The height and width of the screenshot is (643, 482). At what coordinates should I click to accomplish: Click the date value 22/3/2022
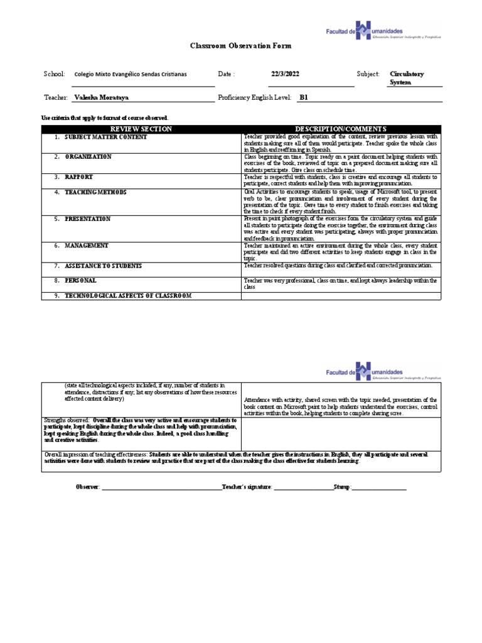[285, 74]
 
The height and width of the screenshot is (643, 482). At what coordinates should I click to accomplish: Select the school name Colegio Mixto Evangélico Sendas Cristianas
[131, 74]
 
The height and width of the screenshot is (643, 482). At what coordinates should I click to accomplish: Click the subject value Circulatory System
[407, 78]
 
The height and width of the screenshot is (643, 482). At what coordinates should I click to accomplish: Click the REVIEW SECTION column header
[141, 129]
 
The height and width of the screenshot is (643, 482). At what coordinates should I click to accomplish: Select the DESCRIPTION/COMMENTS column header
[341, 129]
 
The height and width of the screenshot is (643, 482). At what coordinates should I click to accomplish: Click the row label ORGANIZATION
[88, 156]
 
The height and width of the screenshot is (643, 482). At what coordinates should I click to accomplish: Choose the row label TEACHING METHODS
[95, 192]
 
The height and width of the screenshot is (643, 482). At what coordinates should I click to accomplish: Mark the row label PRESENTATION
[88, 219]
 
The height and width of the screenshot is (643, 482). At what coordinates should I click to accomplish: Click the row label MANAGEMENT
[87, 246]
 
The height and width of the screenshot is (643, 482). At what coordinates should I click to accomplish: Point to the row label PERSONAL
[80, 280]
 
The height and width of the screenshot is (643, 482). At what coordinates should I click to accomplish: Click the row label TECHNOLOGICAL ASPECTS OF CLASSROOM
[128, 295]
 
